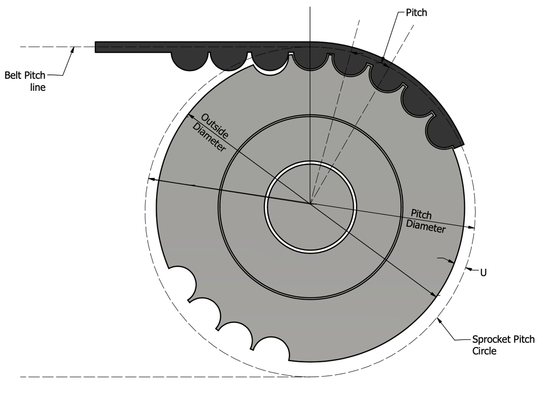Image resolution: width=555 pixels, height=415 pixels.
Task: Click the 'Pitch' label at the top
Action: (416, 13)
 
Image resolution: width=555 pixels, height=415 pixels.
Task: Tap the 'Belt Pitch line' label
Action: (25, 81)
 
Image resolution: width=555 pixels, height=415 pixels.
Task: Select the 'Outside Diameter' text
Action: (210, 133)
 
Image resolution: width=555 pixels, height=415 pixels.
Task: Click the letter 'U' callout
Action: (483, 273)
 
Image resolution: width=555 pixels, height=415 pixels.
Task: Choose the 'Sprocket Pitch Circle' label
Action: (503, 345)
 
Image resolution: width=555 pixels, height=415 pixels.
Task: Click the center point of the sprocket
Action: (310, 204)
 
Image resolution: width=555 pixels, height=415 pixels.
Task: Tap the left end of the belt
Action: (95, 47)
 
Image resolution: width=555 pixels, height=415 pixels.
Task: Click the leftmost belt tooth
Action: (190, 61)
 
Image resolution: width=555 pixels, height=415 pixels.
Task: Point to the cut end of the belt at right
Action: (459, 141)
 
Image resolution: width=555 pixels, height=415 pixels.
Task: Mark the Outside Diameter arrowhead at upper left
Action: (190, 116)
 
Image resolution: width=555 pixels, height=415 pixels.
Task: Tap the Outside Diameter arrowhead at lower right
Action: (433, 294)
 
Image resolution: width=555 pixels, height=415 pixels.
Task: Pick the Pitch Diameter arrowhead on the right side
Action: (471, 228)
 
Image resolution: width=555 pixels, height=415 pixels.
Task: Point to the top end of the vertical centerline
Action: (310, 7)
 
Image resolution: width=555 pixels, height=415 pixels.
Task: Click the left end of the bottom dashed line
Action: (21, 377)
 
